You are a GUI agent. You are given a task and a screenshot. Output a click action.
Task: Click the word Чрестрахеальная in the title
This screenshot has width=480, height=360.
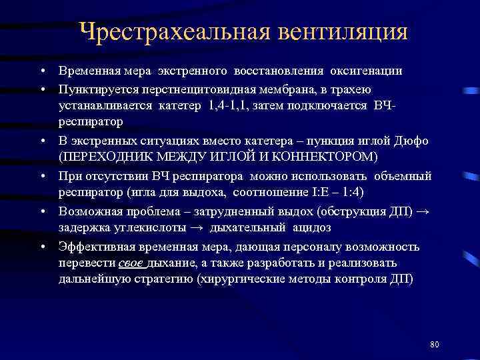(159, 32)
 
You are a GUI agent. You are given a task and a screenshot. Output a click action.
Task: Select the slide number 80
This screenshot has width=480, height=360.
(435, 344)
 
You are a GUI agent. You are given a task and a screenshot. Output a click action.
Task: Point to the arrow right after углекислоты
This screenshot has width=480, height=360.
(198, 228)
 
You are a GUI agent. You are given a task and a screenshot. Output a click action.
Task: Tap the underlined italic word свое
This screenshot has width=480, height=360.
(133, 263)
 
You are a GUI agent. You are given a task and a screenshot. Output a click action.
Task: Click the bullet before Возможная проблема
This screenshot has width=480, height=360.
(42, 211)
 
